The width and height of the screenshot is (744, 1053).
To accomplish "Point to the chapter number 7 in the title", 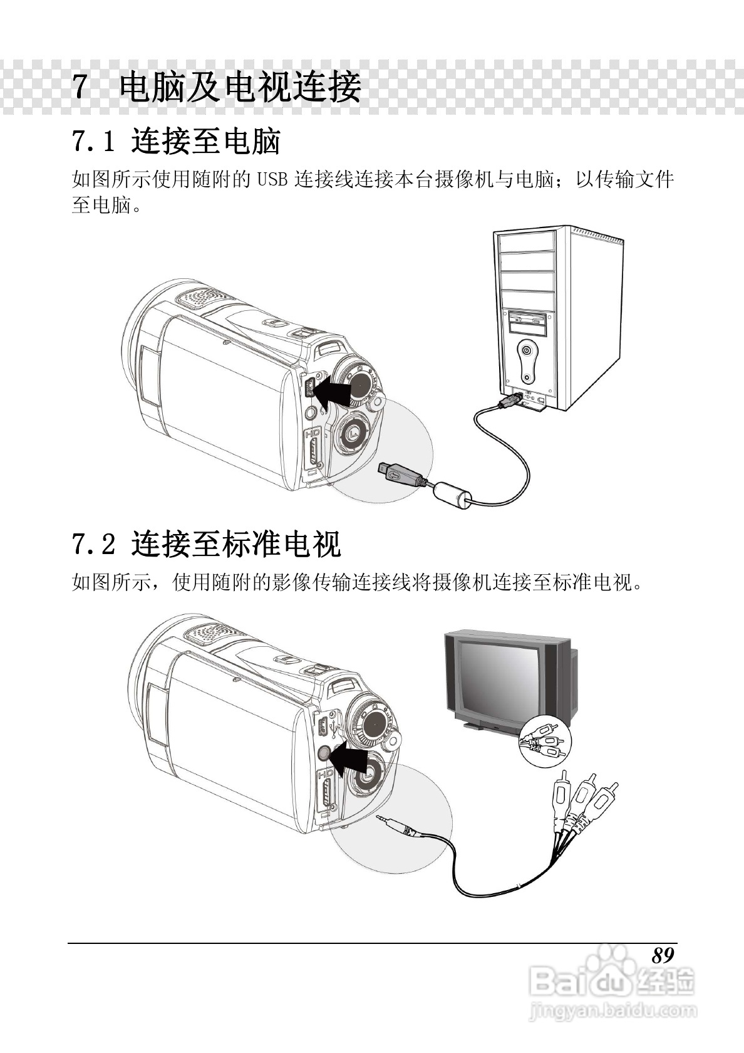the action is coord(80,86).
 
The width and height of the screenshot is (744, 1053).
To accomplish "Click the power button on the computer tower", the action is coord(527,350).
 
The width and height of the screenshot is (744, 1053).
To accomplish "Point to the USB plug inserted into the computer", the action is coord(510,401).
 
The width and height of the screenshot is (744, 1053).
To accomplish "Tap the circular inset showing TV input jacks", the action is coord(545,742).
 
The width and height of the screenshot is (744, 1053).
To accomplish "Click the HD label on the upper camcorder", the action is coord(313,434).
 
